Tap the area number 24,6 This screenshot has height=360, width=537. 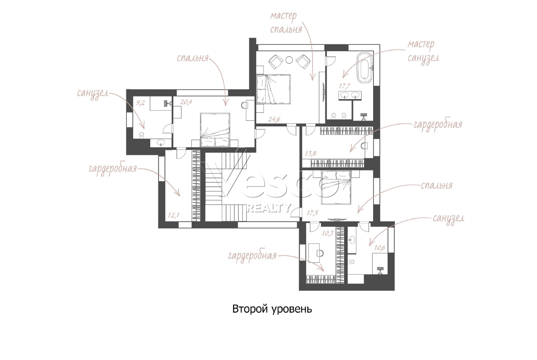coord(274,119)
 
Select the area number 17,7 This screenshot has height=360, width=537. coord(345,86)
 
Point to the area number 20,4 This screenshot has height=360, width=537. coord(186,102)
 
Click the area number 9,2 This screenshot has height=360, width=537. coord(140,103)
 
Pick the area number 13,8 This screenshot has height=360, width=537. coord(311,153)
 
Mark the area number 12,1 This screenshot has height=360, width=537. coord(174,215)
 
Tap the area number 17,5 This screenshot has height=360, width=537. coord(312,213)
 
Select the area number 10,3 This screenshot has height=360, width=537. coord(328,233)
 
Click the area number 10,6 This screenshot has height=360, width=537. coord(379,248)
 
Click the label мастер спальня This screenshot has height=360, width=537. coord(286,23)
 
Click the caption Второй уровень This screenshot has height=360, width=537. coord(272,309)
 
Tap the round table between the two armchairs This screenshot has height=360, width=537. coord(289,59)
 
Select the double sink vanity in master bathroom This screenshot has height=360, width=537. coord(350,96)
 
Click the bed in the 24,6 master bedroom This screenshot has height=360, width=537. coord(274,89)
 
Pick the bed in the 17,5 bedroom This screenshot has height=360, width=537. coord(336,187)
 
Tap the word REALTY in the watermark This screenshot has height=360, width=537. coord(269,208)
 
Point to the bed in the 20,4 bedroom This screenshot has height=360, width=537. coord(215,130)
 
